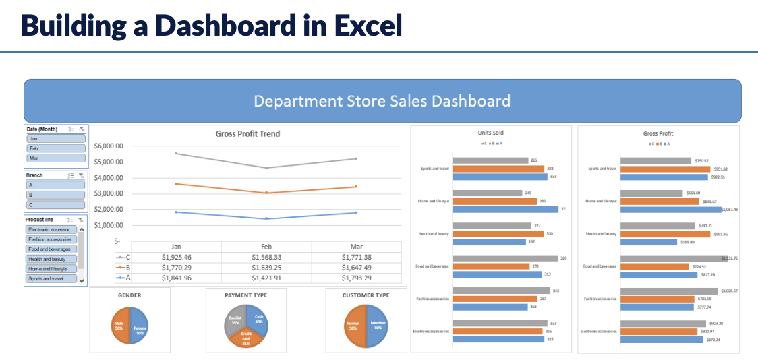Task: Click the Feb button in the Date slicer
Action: coord(56,148)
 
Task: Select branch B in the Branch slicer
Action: coord(56,194)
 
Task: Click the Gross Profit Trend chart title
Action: coord(247,134)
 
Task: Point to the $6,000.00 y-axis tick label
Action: coord(109,146)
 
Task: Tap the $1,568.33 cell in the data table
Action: coord(266,257)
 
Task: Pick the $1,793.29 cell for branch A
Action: coord(356,278)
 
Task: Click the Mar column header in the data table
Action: coord(356,247)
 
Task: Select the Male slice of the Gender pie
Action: coord(121,326)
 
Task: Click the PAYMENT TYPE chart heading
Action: coord(246,295)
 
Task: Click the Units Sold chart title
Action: coord(490,133)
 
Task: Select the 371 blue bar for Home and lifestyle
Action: coord(505,209)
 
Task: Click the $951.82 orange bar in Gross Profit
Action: coord(665,169)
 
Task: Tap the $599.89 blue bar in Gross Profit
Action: coord(648,242)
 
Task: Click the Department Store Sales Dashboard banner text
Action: coord(382,101)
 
